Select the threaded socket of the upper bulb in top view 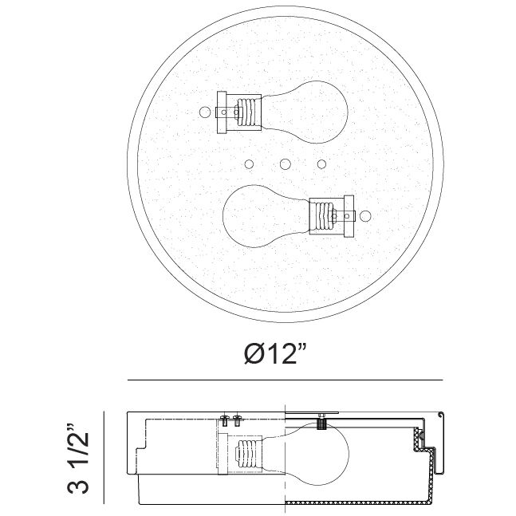tap(249, 112)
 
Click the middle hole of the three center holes tap(285, 164)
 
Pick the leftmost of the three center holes tap(248, 164)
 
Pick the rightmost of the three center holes tap(321, 164)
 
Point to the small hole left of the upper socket tap(203, 112)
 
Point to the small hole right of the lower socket tap(366, 215)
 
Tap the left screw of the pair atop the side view tap(224, 419)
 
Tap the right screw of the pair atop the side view tap(236, 419)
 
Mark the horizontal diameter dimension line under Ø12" tap(285, 380)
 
